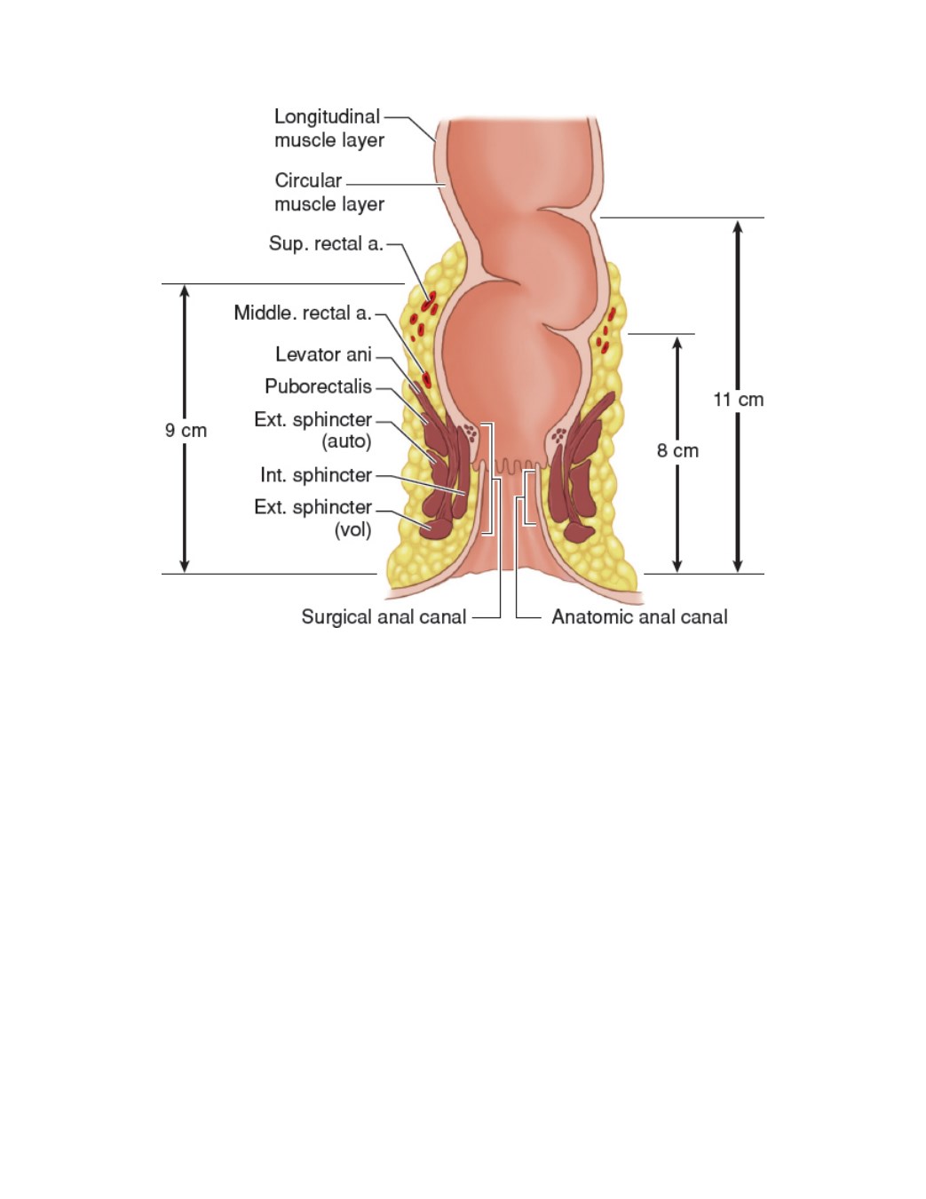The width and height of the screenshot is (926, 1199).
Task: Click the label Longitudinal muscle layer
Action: click(x=328, y=128)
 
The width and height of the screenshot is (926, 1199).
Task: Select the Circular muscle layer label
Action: click(x=328, y=192)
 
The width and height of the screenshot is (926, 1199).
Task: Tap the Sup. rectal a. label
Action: click(x=326, y=243)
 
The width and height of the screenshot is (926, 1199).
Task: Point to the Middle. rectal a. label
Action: click(x=303, y=313)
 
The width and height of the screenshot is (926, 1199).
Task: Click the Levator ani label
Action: click(x=324, y=354)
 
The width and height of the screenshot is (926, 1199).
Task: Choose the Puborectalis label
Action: click(x=318, y=386)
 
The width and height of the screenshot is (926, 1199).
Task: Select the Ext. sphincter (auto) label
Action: click(x=313, y=431)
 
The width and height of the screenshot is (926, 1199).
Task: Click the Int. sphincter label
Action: click(x=316, y=475)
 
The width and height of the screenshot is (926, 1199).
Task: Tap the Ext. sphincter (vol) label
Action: click(x=313, y=518)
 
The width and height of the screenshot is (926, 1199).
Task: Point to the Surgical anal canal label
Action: click(x=384, y=617)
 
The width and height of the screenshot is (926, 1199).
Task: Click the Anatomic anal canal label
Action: click(x=640, y=617)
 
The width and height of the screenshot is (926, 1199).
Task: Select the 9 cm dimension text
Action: click(x=186, y=431)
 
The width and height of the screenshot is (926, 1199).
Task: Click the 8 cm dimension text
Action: click(x=677, y=451)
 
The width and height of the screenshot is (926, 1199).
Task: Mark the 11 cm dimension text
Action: click(x=739, y=400)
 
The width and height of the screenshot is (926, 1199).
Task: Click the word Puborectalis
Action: click(x=318, y=386)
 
